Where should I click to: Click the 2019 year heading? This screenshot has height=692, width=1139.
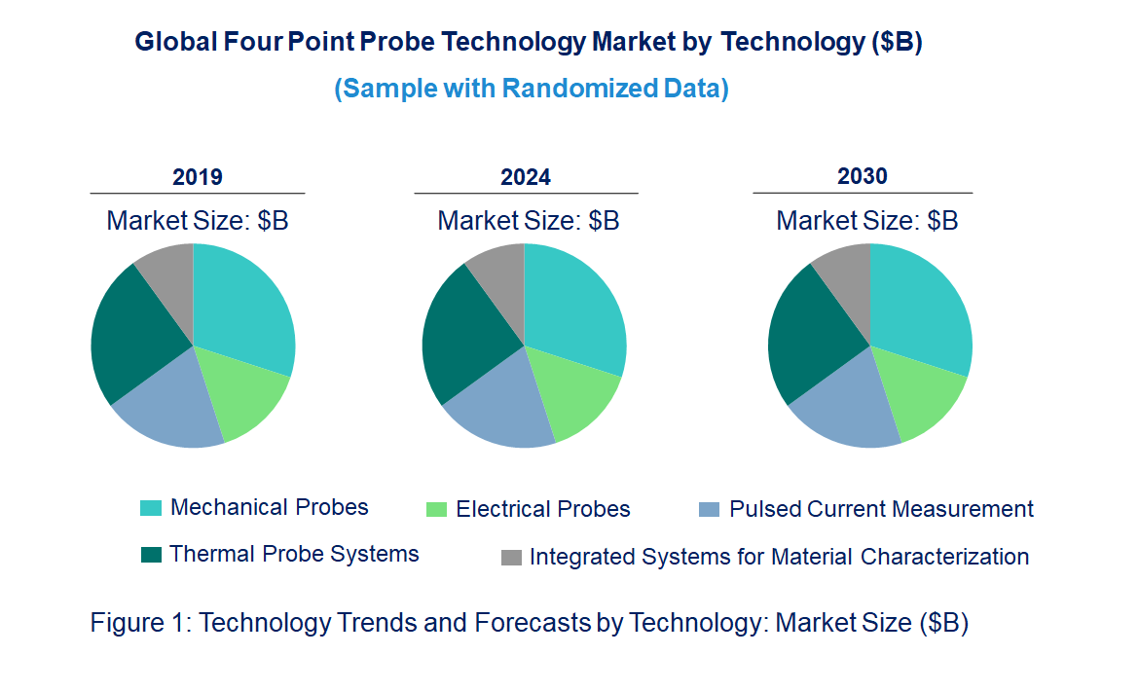(197, 177)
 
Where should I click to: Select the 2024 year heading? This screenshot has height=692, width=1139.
(526, 177)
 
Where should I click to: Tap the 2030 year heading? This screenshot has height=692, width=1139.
(863, 176)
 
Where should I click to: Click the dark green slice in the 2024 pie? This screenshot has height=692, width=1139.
(462, 336)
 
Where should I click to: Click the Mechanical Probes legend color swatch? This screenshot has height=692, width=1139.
(151, 508)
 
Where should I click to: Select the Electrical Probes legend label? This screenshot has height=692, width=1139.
(542, 509)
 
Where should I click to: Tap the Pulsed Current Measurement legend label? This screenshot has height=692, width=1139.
(881, 509)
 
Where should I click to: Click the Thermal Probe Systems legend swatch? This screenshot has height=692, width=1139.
(151, 555)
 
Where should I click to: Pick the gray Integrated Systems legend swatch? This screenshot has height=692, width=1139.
(511, 558)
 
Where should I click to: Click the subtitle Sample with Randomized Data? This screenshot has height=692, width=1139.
(532, 89)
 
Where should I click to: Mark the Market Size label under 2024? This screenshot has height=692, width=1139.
(528, 221)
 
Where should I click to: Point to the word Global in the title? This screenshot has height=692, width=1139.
(167, 43)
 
